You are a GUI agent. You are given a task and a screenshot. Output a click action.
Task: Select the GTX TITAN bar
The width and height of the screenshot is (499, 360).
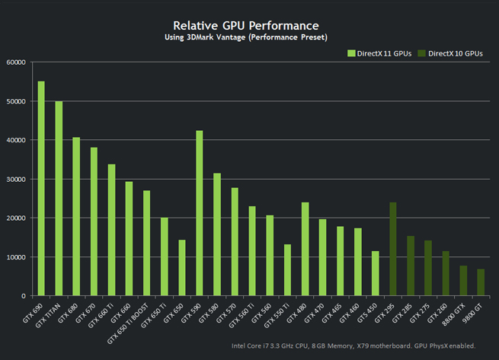59,198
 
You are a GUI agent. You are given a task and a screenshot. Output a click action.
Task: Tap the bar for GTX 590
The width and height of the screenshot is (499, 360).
200,213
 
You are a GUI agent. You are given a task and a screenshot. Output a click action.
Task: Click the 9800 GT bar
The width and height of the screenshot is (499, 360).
481,282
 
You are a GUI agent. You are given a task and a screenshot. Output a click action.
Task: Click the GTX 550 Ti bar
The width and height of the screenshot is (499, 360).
287,270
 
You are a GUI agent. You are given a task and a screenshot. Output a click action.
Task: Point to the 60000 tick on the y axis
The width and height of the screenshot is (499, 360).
16,62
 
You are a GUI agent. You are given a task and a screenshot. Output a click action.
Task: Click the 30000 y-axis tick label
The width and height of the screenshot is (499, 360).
16,180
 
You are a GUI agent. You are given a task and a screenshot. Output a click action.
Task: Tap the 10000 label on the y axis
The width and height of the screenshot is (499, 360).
16,257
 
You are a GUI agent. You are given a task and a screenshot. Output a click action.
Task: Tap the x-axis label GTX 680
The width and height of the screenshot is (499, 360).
69,313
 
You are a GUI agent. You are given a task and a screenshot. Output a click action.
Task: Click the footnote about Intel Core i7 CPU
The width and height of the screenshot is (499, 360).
353,346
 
